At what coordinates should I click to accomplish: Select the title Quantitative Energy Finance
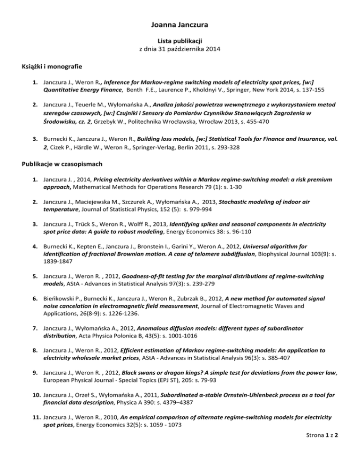tap(80, 89)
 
